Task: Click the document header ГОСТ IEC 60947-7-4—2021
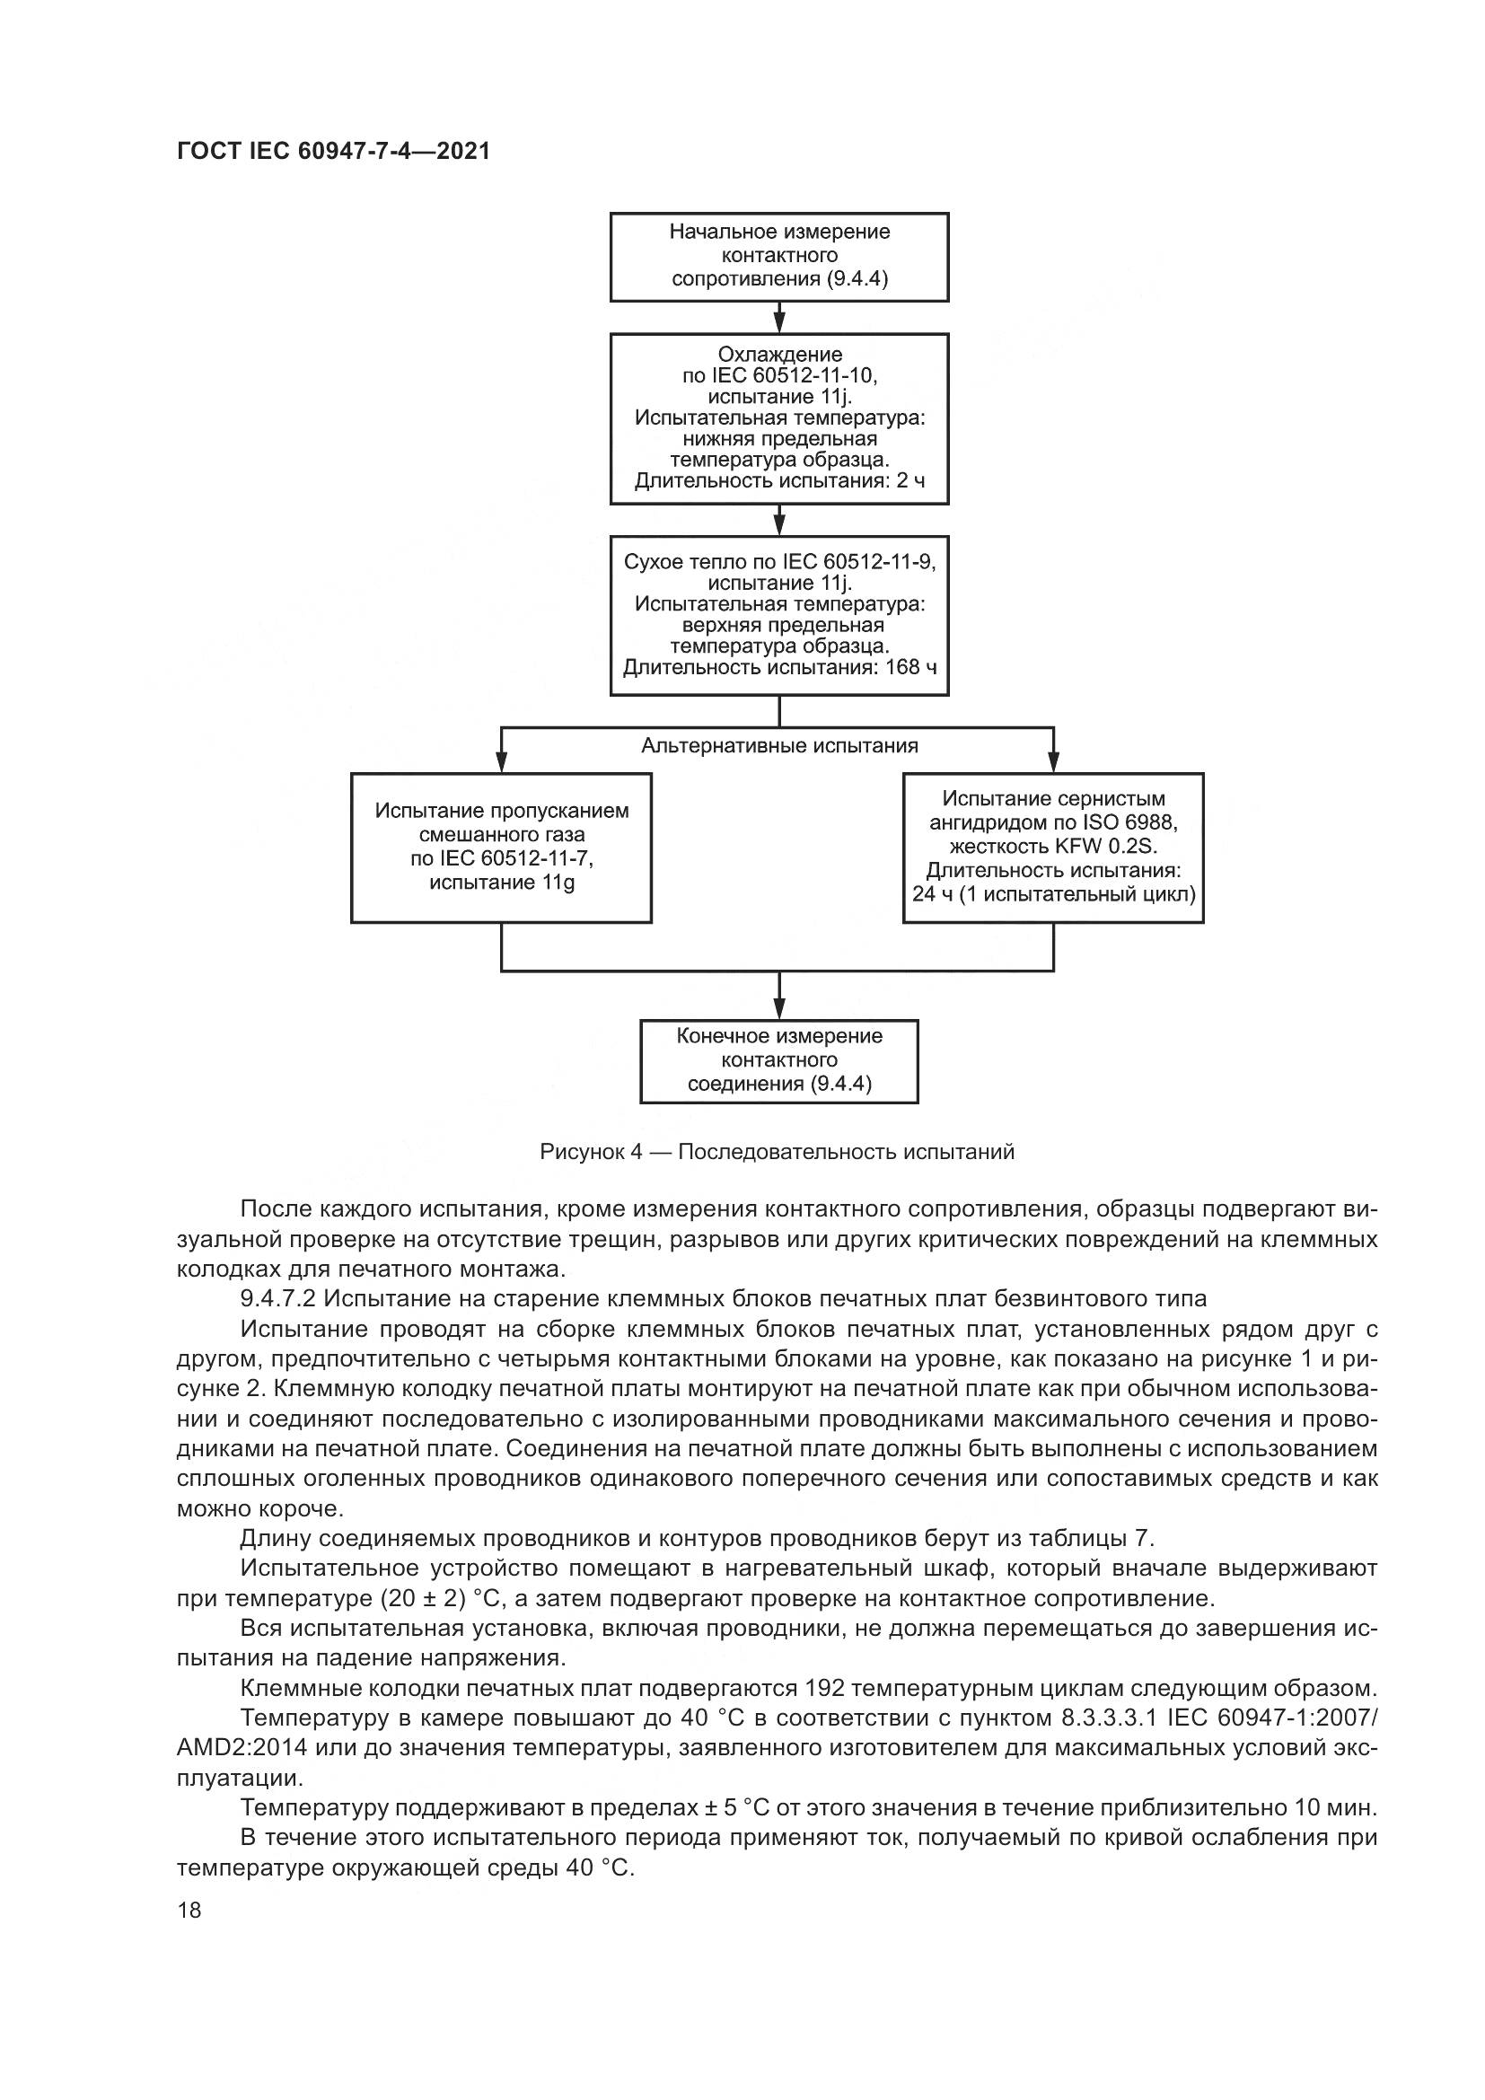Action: [x=333, y=152]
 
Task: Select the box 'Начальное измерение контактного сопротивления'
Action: [x=779, y=256]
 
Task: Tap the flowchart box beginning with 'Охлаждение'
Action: [x=779, y=418]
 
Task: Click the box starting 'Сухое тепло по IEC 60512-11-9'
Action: [x=779, y=615]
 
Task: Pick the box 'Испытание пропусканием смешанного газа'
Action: [x=501, y=847]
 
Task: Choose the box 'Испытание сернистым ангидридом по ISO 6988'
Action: [x=1053, y=847]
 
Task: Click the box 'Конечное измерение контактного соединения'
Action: [x=779, y=1060]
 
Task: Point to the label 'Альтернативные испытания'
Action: [x=779, y=745]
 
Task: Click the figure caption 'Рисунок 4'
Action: [x=778, y=1152]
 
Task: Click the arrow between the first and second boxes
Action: [x=779, y=319]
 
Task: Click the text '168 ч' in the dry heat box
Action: [x=910, y=667]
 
